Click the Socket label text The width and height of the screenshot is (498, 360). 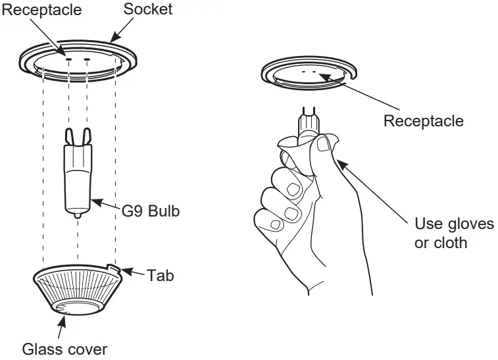click(x=147, y=9)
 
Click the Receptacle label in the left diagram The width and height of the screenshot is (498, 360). click(x=41, y=9)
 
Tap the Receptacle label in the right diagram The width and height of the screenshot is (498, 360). click(x=423, y=121)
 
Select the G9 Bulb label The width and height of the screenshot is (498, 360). click(x=151, y=212)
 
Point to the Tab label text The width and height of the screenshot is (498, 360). click(x=161, y=275)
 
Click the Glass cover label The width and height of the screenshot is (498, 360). click(x=64, y=349)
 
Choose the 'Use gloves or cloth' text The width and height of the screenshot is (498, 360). click(x=453, y=233)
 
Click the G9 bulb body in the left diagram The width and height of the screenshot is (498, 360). click(x=78, y=178)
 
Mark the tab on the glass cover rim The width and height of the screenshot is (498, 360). click(x=116, y=269)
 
